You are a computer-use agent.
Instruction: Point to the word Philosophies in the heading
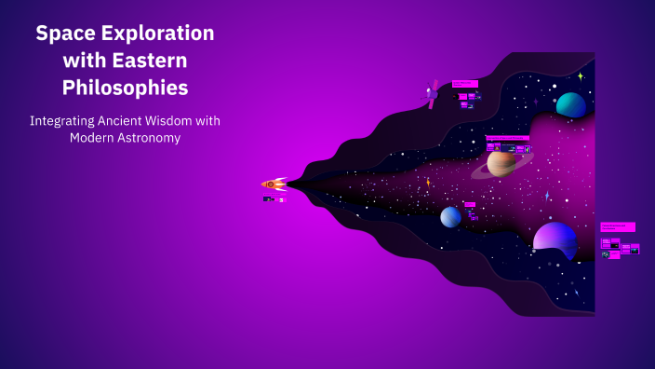[x=126, y=89]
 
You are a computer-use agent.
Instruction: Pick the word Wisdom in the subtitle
[x=182, y=121]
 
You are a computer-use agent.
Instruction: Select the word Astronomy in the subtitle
[x=147, y=138]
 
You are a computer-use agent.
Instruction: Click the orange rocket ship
[x=274, y=184]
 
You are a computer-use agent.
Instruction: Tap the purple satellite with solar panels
[x=433, y=94]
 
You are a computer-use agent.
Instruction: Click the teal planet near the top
[x=570, y=104]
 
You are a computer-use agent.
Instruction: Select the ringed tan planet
[x=501, y=163]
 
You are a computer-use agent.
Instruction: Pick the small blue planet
[x=450, y=217]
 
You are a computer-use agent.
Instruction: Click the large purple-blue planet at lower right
[x=555, y=239]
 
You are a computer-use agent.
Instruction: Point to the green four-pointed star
[x=580, y=76]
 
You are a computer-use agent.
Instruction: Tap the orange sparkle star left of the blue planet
[x=428, y=183]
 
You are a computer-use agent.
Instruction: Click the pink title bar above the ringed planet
[x=507, y=138]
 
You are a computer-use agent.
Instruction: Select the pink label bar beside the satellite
[x=464, y=84]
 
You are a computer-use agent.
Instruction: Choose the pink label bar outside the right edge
[x=617, y=226]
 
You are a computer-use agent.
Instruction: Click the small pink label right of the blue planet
[x=470, y=204]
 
